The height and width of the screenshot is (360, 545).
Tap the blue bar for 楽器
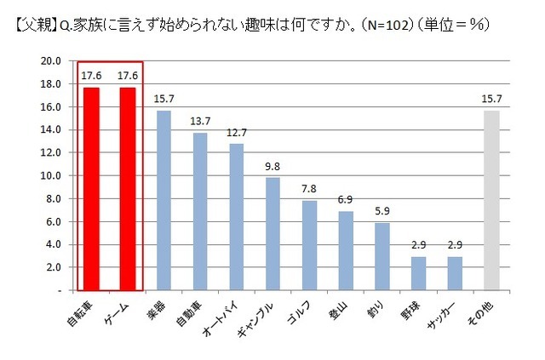[x=164, y=200]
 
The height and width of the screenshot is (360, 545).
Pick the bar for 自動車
[x=201, y=211]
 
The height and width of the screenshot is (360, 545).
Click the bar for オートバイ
[x=237, y=217]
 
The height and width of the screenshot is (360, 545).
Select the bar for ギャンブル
[x=273, y=234]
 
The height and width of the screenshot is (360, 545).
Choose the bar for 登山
[x=346, y=250]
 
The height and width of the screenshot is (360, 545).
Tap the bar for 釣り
[x=382, y=256]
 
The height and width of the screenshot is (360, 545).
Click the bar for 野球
[x=419, y=273]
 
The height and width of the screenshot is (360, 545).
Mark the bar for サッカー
[x=455, y=273]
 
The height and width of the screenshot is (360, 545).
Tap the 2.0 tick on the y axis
[x=52, y=267]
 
